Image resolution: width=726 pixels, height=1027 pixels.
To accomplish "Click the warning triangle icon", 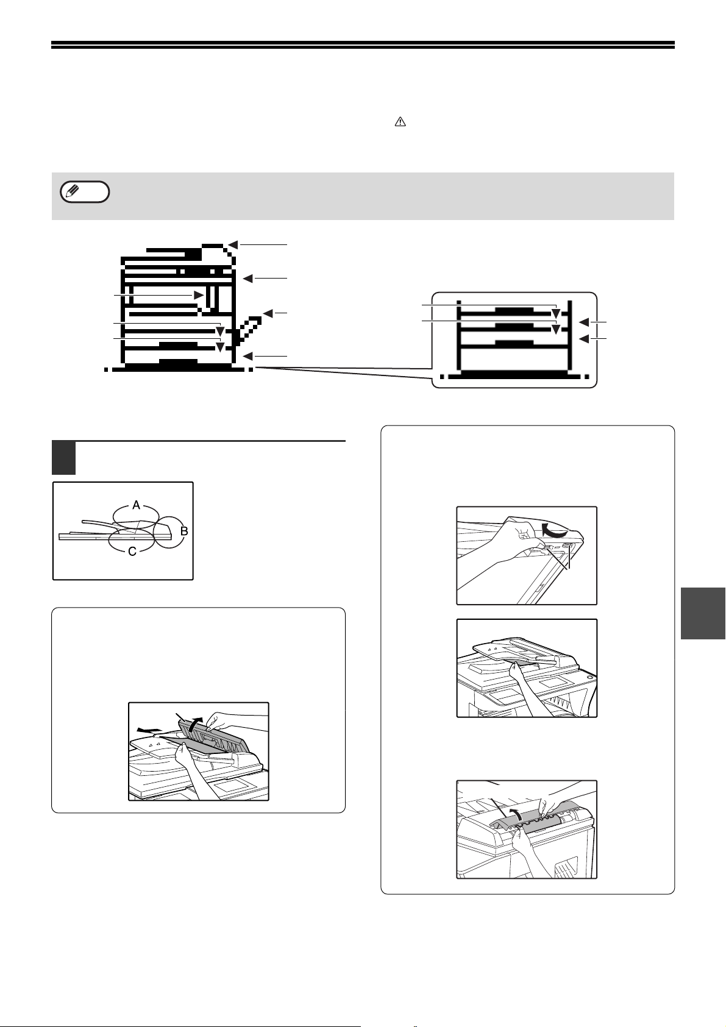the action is point(400,121).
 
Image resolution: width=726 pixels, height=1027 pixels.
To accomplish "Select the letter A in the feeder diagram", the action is point(136,505).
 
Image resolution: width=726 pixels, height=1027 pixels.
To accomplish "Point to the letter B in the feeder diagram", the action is point(184,531).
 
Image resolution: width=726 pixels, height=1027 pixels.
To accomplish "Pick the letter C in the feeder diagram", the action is point(132,552).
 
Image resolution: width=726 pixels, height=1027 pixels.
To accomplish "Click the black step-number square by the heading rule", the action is point(64,458).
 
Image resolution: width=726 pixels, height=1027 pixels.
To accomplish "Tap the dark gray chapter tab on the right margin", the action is point(703,613).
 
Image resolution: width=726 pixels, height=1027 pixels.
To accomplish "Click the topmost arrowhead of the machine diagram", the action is point(232,244).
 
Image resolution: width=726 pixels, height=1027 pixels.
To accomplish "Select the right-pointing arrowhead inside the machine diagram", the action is point(199,295).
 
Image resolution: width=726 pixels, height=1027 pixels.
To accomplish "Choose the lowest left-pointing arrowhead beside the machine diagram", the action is point(247,356).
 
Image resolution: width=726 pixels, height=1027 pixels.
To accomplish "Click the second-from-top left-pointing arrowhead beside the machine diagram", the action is point(247,279).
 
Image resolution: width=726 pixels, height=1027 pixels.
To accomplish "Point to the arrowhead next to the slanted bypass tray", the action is point(268,314).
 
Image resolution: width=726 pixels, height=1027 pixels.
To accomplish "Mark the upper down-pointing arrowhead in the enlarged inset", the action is point(556,314).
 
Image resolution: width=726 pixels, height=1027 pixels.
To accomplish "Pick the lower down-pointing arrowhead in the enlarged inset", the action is point(556,329).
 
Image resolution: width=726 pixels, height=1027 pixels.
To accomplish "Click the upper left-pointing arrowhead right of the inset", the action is point(585,323).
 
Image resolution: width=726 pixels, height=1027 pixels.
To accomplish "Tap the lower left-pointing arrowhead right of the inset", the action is point(585,339).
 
